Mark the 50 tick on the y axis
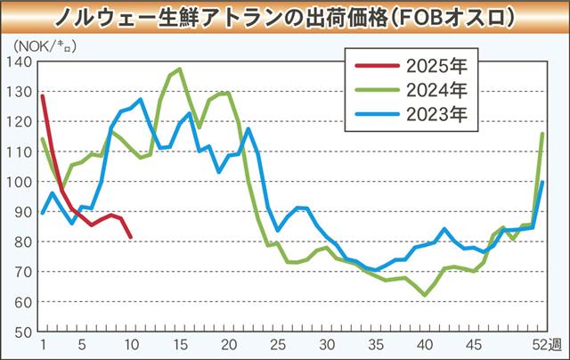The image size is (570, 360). tap(22, 331)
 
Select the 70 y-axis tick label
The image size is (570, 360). tap(22, 272)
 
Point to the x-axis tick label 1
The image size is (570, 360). tap(43, 345)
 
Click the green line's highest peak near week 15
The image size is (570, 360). tap(180, 69)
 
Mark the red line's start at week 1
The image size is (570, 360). tap(43, 95)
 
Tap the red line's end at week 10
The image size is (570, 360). tap(131, 237)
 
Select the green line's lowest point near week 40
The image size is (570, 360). tap(426, 294)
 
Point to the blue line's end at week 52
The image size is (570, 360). tap(543, 182)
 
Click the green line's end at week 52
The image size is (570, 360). tap(543, 134)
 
